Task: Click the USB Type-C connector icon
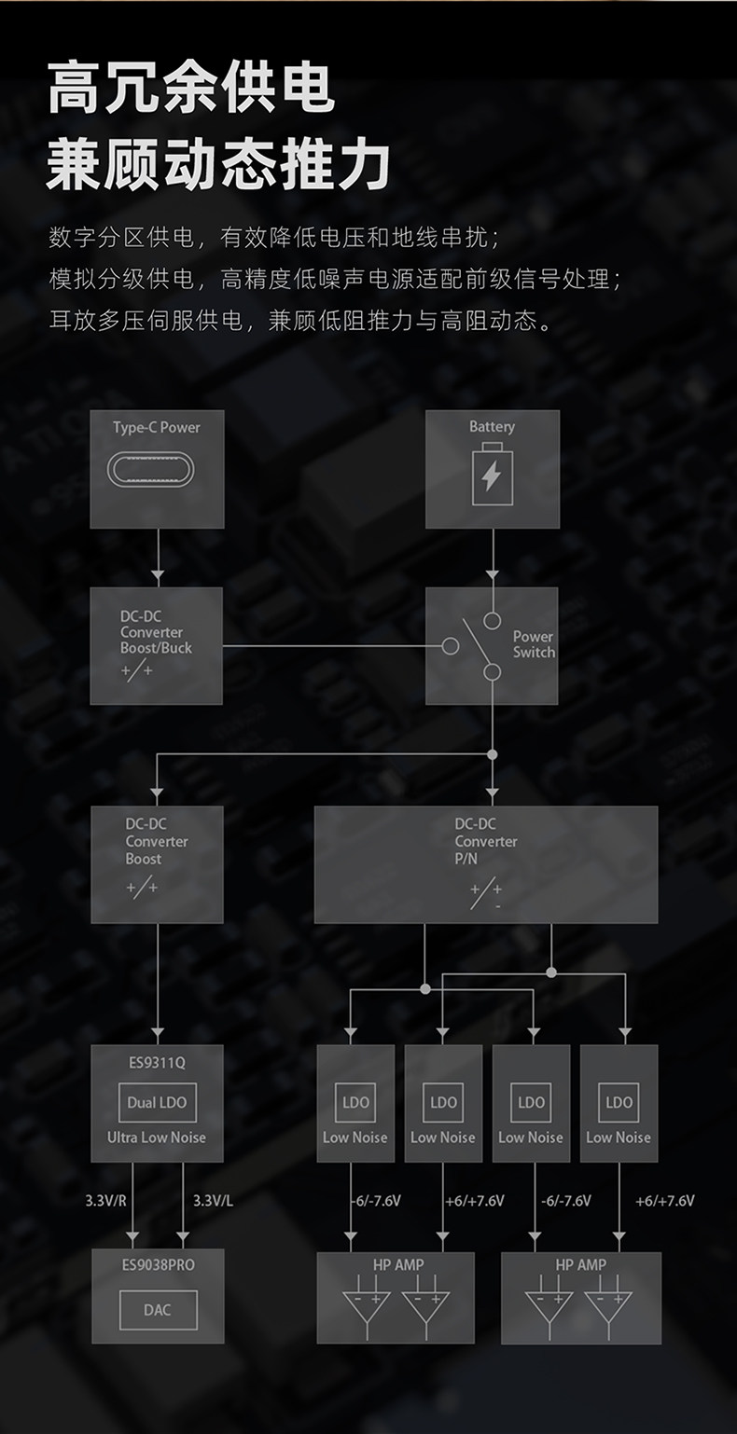point(157,470)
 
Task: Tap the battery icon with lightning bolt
point(492,476)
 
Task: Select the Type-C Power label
point(157,427)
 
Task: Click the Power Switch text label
point(534,644)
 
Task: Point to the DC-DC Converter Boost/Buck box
point(157,645)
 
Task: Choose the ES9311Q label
point(157,1061)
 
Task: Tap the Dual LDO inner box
point(157,1102)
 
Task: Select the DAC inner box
point(157,1310)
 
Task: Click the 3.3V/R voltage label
point(105,1201)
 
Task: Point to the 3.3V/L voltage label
point(213,1201)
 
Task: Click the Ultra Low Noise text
point(157,1138)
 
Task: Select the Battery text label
point(492,426)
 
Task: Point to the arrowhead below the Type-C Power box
point(157,574)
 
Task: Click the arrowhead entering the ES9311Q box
point(157,1035)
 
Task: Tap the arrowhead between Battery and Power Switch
point(492,574)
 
